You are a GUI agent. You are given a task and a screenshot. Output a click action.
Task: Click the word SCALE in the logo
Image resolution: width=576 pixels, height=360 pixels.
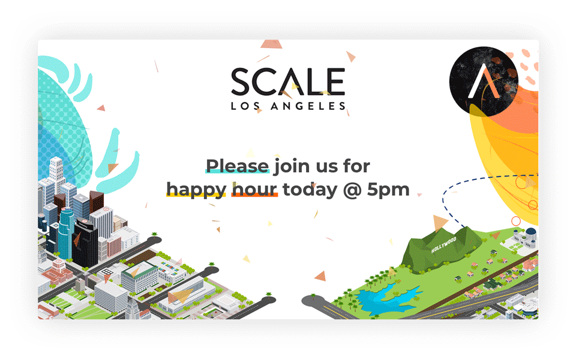coord(288,82)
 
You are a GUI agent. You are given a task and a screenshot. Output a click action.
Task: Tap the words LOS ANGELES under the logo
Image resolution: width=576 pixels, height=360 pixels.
coord(289,106)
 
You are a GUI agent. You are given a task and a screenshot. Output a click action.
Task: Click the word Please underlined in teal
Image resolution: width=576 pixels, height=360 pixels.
coord(238,166)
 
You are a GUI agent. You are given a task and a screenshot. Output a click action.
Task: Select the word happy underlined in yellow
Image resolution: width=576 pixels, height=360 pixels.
coord(196,190)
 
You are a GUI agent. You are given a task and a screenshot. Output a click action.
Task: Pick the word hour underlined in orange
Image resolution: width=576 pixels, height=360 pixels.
coord(254,190)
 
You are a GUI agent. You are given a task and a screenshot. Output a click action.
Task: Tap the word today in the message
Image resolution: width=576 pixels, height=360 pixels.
coord(310,190)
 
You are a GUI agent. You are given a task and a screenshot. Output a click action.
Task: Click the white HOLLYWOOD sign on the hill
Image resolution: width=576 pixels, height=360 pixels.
coord(444,245)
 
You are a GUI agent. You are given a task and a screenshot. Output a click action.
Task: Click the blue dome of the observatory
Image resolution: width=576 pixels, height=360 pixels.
coord(531,232)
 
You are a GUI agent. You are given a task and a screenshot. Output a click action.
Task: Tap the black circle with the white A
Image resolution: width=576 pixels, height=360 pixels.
coord(484,81)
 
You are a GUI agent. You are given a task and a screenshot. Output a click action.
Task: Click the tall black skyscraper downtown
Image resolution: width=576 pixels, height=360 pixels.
coord(85,243)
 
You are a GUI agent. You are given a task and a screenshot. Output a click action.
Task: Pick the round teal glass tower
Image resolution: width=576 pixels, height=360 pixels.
coord(66,233)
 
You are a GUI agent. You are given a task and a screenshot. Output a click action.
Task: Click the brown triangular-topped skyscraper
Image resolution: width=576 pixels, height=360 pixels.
coord(96,202)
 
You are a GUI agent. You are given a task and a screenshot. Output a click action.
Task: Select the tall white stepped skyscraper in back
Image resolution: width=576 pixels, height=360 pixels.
coord(57,173)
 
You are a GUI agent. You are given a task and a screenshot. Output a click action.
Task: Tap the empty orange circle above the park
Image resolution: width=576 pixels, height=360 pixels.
coord(516,221)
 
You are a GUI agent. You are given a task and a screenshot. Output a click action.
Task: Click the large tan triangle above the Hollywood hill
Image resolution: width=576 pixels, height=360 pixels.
coord(440,222)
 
